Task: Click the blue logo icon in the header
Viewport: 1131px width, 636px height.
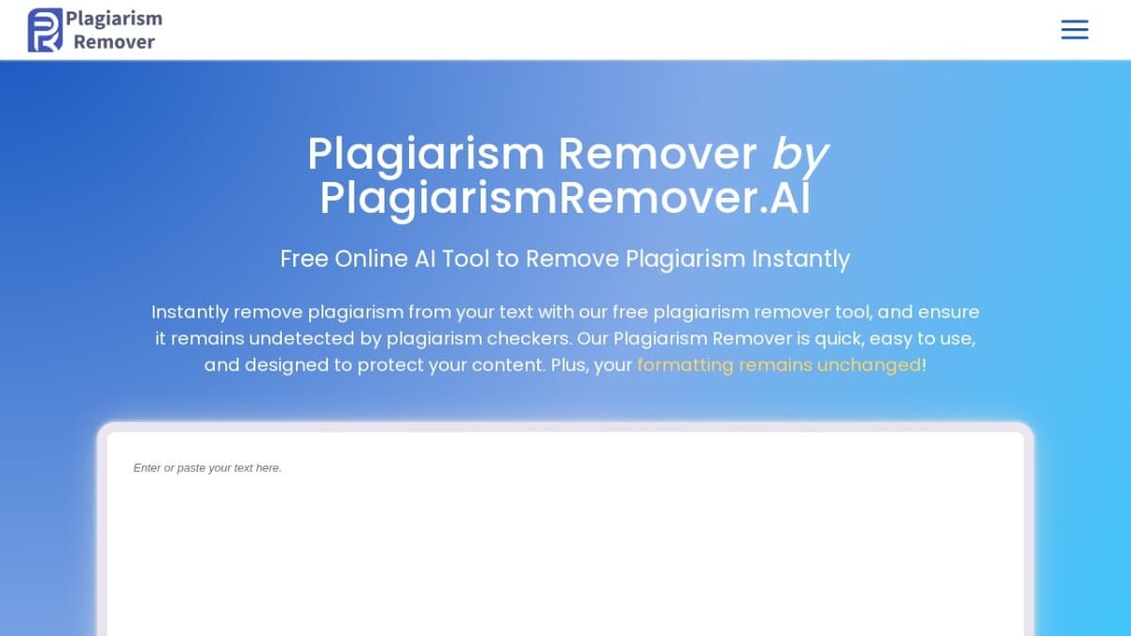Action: click(45, 30)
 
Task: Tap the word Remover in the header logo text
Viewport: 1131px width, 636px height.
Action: click(114, 41)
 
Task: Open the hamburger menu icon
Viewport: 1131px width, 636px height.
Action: click(1074, 30)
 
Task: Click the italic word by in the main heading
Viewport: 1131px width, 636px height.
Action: click(800, 155)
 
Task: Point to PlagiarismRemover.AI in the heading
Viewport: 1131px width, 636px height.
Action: click(565, 198)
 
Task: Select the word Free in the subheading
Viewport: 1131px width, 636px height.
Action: click(303, 258)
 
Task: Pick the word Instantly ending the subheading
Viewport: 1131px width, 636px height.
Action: click(800, 258)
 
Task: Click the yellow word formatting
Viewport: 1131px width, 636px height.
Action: click(685, 365)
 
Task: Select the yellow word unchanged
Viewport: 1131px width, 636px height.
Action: click(868, 365)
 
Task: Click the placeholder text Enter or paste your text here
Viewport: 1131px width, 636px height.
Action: click(207, 467)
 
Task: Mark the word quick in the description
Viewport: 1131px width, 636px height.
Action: click(829, 338)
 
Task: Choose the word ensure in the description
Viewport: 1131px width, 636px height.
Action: click(949, 312)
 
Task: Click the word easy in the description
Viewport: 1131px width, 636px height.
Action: click(891, 338)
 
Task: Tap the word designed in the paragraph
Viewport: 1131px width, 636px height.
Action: click(282, 365)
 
